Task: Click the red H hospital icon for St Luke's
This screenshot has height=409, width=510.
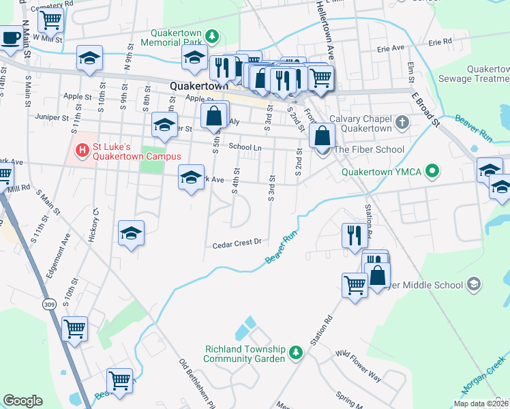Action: click(82, 149)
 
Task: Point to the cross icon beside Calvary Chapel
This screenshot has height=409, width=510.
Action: click(402, 123)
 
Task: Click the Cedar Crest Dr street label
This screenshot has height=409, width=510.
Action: click(237, 243)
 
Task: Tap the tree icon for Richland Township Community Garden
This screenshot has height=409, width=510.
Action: click(295, 352)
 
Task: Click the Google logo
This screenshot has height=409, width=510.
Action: click(23, 400)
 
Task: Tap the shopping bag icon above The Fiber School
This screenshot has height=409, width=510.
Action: click(321, 135)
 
